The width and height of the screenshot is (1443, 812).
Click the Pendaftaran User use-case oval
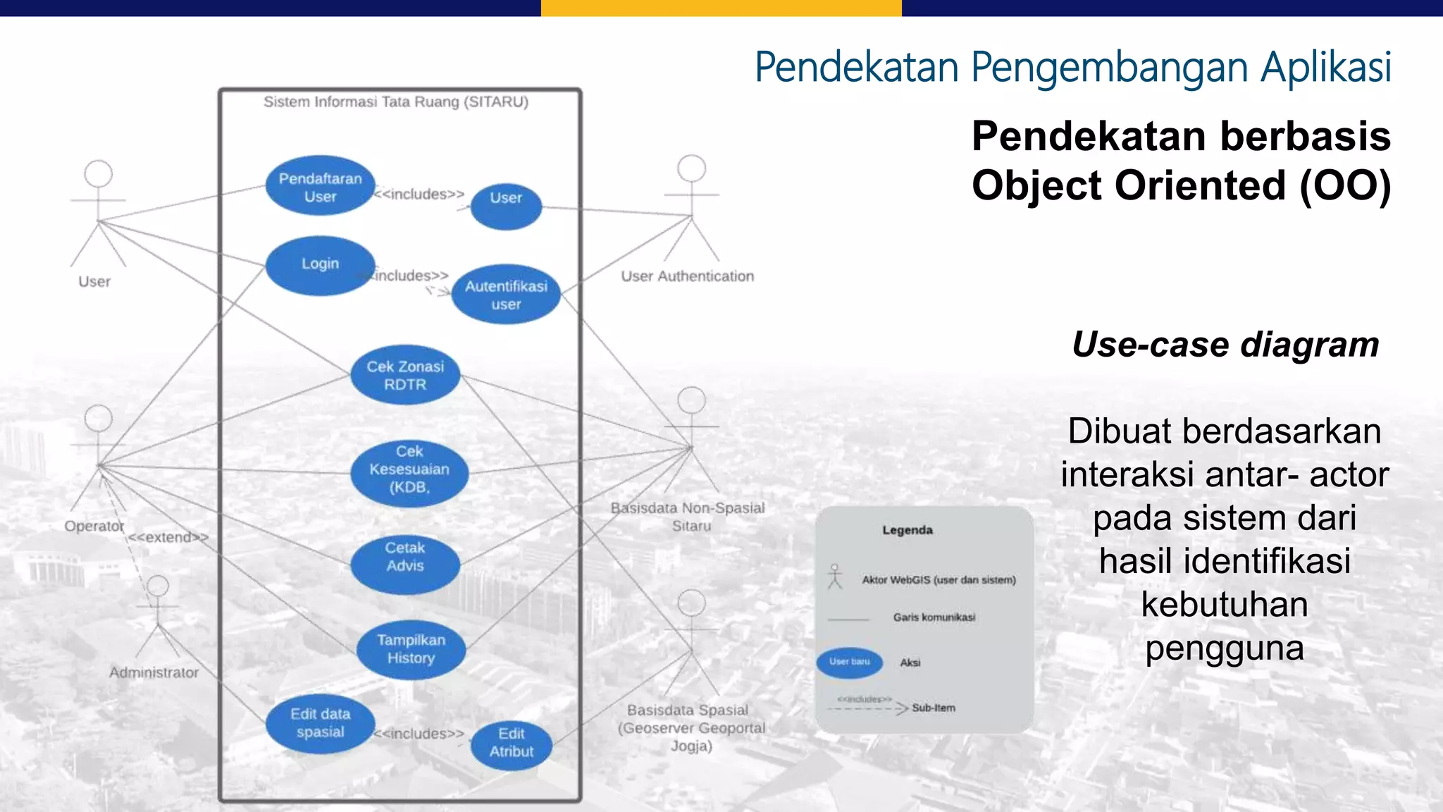320,187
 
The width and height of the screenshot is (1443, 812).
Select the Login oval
320,265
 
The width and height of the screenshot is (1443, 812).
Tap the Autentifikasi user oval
506,295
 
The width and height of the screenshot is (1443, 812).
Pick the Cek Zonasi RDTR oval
405,375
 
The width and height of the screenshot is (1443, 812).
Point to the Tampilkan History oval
411,649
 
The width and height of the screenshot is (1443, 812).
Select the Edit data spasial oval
320,723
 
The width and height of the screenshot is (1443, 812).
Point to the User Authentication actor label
687,276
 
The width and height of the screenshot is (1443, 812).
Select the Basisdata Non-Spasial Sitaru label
688,517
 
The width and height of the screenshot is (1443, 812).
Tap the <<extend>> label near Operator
168,537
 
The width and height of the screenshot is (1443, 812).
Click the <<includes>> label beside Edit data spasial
420,734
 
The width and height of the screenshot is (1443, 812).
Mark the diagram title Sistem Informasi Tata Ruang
396,102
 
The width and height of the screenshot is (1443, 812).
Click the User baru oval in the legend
850,663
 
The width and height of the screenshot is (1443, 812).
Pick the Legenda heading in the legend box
908,530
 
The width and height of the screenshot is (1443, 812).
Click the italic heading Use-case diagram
1225,345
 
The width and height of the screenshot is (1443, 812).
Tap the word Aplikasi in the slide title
1325,68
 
